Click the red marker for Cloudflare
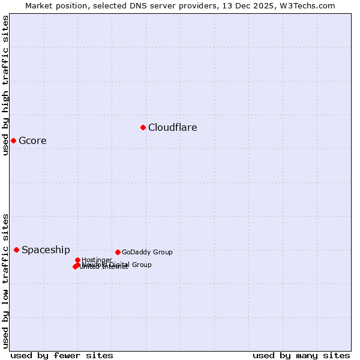(x=143, y=127)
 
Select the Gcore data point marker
(x=13, y=140)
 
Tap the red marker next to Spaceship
(x=16, y=250)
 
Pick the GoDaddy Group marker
(x=118, y=252)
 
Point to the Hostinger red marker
(x=77, y=260)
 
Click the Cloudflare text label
(x=172, y=127)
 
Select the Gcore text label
(x=32, y=141)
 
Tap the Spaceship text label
(x=46, y=250)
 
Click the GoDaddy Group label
(x=147, y=253)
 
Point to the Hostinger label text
(x=97, y=260)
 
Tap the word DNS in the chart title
(x=137, y=6)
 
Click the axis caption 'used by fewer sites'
(x=62, y=355)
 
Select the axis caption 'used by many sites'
(x=301, y=355)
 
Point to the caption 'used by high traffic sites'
(x=6, y=85)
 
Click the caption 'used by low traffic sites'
(x=6, y=281)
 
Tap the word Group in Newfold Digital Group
(x=142, y=265)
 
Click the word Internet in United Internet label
(x=115, y=267)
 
